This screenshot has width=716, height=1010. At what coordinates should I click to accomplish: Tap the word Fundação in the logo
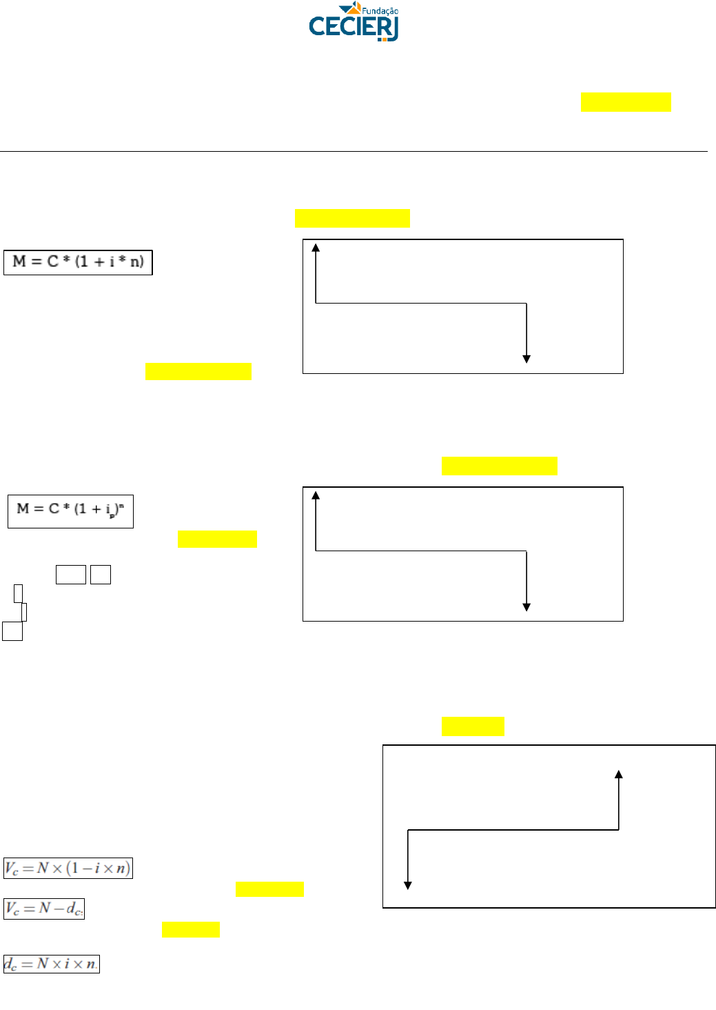pyautogui.click(x=380, y=10)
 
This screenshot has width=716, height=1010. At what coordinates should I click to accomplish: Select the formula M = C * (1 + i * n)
pyautogui.click(x=78, y=262)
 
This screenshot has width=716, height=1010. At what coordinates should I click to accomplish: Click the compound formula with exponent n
pyautogui.click(x=70, y=511)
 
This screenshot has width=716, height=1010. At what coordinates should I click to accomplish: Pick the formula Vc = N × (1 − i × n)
pyautogui.click(x=68, y=868)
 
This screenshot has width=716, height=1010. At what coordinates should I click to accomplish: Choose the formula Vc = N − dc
pyautogui.click(x=44, y=909)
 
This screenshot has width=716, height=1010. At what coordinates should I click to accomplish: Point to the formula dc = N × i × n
pyautogui.click(x=52, y=964)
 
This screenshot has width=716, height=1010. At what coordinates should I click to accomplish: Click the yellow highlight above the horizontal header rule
pyautogui.click(x=626, y=101)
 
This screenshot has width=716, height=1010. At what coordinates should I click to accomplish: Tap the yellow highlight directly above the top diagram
pyautogui.click(x=352, y=218)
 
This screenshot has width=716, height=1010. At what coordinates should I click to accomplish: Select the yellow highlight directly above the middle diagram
pyautogui.click(x=499, y=466)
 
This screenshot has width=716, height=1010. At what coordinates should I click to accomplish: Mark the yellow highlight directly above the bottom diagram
pyautogui.click(x=473, y=726)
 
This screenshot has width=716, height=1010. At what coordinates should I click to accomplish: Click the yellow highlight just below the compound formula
pyautogui.click(x=217, y=539)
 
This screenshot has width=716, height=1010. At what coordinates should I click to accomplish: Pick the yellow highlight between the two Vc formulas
pyautogui.click(x=269, y=889)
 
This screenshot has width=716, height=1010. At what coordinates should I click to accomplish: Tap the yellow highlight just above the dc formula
pyautogui.click(x=191, y=929)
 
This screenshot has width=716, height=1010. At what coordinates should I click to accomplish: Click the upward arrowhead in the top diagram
pyautogui.click(x=316, y=248)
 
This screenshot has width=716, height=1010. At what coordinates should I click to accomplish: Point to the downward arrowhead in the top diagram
pyautogui.click(x=526, y=359)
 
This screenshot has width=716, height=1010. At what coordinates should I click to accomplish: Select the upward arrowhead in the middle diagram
pyautogui.click(x=316, y=495)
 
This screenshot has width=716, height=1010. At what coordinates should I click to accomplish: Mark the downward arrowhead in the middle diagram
pyautogui.click(x=526, y=606)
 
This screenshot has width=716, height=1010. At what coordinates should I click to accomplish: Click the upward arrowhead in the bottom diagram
pyautogui.click(x=619, y=775)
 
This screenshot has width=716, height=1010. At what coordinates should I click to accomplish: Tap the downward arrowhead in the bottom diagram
pyautogui.click(x=408, y=885)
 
